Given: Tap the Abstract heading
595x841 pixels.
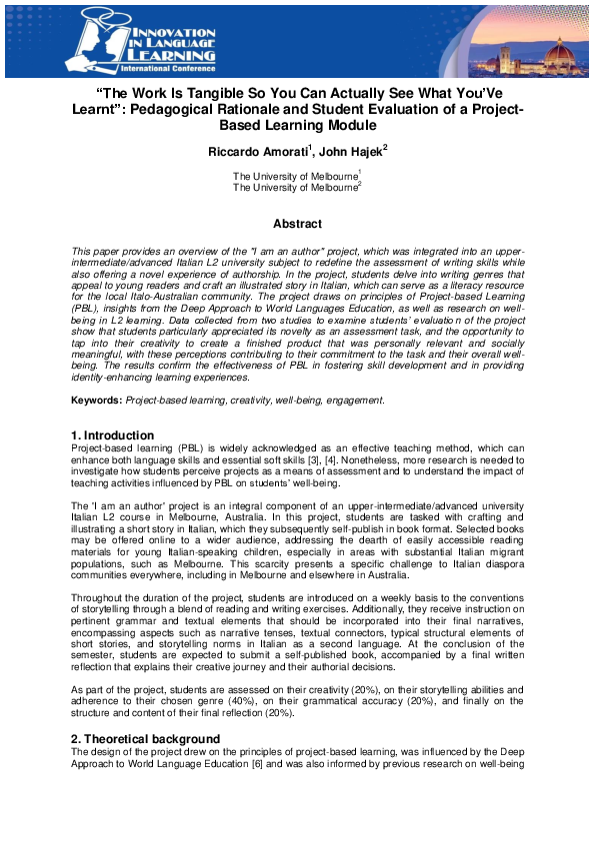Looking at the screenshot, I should pyautogui.click(x=297, y=224).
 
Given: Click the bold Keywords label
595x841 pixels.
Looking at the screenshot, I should pyautogui.click(x=97, y=400).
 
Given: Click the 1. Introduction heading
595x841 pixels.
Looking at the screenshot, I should pyautogui.click(x=112, y=435).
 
